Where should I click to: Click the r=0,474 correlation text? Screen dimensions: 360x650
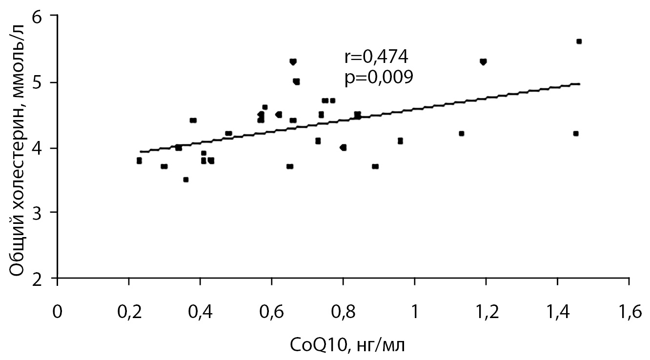point(376,58)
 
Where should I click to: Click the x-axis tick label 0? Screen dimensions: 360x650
point(58,311)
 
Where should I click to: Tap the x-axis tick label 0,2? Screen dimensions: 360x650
point(128,311)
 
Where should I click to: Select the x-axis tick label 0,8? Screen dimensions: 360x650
point(343,311)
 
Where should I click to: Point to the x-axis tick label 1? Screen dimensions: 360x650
point(414,311)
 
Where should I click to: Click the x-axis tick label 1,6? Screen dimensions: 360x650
point(629,311)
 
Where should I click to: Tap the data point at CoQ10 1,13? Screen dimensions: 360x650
point(461,133)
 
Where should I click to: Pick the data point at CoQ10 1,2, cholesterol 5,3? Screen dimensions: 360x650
point(483,62)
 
